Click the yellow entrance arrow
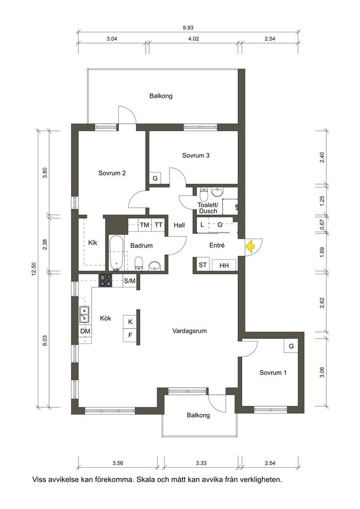(x=250, y=246)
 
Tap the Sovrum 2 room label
(x=112, y=173)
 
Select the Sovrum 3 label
(x=196, y=155)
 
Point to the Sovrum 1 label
(x=273, y=373)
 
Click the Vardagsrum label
(x=189, y=331)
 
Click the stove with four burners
(x=105, y=280)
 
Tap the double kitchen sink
(x=84, y=314)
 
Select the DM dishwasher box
(x=86, y=331)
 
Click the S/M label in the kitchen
(x=129, y=281)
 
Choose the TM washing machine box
(x=145, y=225)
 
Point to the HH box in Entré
(x=224, y=265)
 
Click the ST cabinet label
(x=202, y=265)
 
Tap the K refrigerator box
(x=130, y=322)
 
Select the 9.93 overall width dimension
(x=188, y=28)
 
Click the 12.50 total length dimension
(x=33, y=269)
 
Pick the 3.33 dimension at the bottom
(x=201, y=463)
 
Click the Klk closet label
(x=92, y=243)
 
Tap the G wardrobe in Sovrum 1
(x=291, y=346)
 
